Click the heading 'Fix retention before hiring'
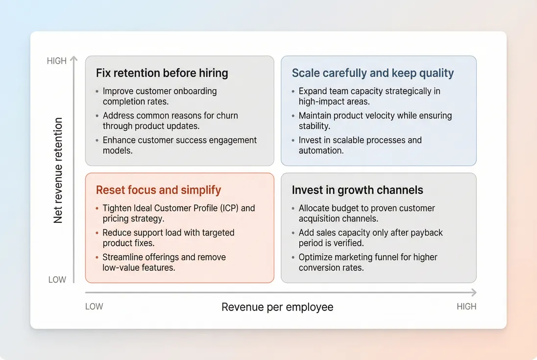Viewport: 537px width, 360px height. (x=162, y=73)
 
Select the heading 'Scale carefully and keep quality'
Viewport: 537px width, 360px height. (x=372, y=73)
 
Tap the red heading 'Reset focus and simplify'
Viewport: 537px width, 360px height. (x=158, y=190)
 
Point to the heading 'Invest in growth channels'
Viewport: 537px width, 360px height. (x=357, y=190)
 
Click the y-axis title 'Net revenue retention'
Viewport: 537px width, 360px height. (x=58, y=170)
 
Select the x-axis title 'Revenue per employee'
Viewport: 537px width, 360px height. (x=277, y=307)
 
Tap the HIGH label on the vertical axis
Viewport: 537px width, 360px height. (x=56, y=61)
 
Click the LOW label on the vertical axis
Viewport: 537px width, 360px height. (x=57, y=280)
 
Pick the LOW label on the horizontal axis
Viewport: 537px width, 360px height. (x=94, y=307)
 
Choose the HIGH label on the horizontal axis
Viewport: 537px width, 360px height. (x=466, y=307)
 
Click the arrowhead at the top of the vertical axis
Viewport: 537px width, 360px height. (x=73, y=59)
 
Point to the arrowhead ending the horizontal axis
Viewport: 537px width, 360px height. (x=473, y=292)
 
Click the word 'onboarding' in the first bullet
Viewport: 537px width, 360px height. (x=194, y=91)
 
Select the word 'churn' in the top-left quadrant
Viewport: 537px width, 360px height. (x=226, y=116)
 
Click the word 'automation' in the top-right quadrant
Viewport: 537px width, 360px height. (x=321, y=151)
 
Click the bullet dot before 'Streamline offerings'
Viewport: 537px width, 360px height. (x=97, y=258)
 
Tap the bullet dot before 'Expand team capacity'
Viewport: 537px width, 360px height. (x=293, y=92)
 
